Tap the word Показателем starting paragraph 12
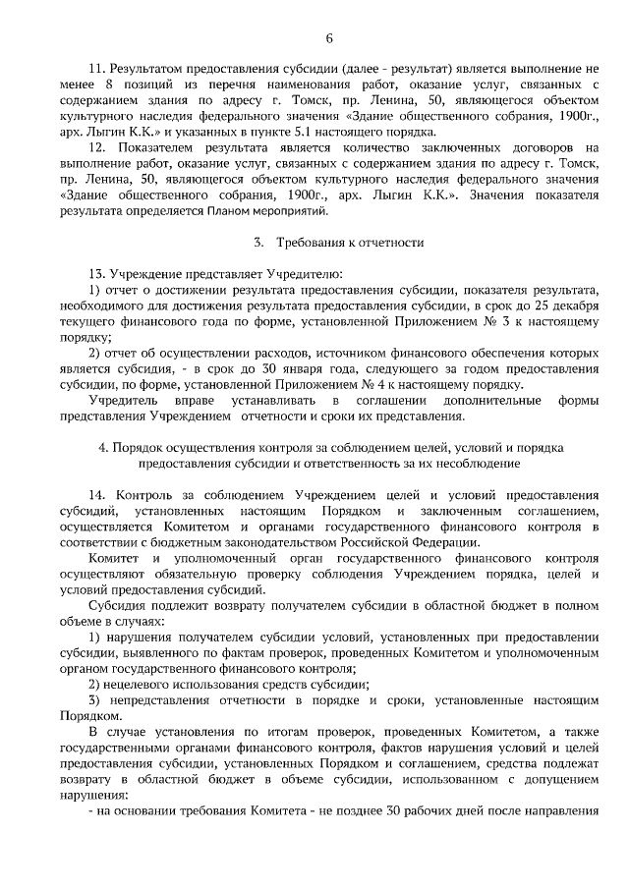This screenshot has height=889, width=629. [x=146, y=147]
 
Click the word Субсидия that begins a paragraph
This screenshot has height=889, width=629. [x=118, y=605]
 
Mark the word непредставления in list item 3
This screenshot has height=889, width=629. [x=164, y=700]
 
